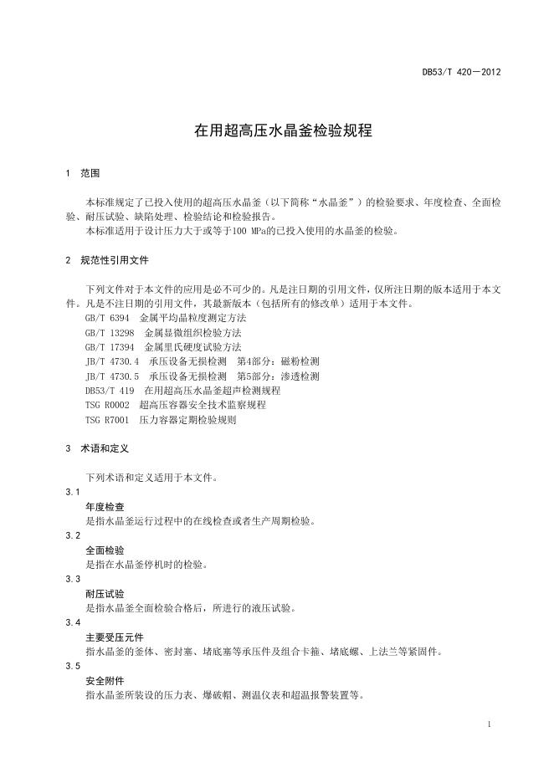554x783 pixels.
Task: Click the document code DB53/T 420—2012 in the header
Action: [461, 73]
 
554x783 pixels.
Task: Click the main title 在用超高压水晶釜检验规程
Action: [283, 131]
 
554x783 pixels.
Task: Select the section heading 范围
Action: [90, 173]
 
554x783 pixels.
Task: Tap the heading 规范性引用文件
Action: [115, 260]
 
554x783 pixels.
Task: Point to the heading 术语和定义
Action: [105, 448]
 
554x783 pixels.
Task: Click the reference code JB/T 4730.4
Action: [112, 361]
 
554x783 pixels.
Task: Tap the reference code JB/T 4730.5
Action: [112, 376]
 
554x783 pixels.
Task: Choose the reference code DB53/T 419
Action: [110, 391]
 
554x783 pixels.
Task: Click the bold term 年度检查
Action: [105, 507]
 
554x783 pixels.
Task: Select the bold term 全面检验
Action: [105, 550]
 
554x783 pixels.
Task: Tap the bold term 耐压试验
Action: [105, 594]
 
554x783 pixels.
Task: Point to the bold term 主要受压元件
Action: [115, 637]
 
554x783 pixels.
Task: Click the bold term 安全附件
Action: [105, 681]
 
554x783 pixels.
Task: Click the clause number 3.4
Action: [73, 623]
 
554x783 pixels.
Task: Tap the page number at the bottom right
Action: [490, 724]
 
